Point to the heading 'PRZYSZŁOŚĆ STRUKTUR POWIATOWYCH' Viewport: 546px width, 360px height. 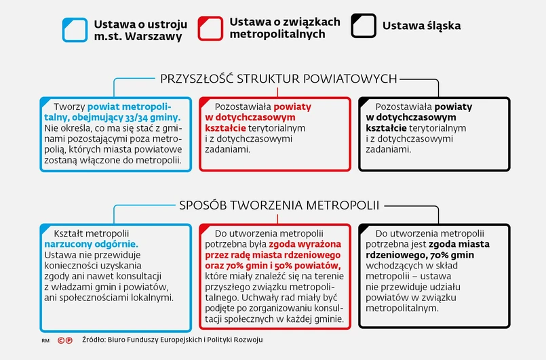[279, 79]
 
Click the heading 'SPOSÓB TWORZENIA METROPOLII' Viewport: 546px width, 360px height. [279, 205]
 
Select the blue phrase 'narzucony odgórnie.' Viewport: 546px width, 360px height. [90, 243]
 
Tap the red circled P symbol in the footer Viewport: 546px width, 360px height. [70, 339]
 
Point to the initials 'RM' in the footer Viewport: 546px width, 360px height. [45, 340]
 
